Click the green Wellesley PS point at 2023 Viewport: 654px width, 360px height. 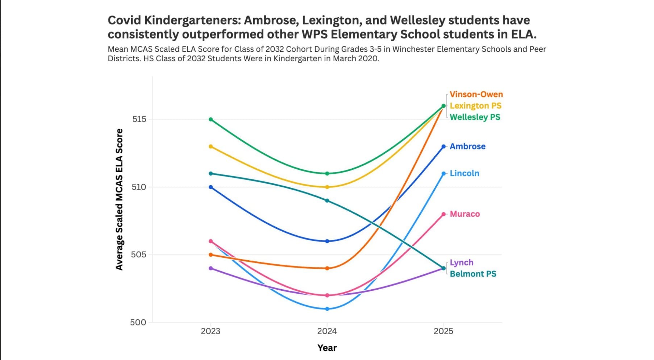coord(211,119)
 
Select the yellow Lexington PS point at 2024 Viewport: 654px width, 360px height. coord(327,187)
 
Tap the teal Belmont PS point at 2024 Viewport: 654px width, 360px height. coord(327,200)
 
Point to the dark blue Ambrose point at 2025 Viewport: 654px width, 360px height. coord(443,146)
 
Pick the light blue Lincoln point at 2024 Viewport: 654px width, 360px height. coord(327,309)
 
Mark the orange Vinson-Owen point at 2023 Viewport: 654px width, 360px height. coord(211,255)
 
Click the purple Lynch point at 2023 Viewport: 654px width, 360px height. coord(211,268)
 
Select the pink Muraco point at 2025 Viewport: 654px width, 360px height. coord(443,214)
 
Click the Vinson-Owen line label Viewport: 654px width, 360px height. coord(476,94)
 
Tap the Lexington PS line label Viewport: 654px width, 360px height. coord(475,106)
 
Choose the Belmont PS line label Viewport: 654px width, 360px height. coord(473,274)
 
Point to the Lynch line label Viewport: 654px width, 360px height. coord(461,262)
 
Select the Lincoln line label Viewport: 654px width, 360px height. coord(464,173)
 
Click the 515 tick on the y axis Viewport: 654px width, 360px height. coord(139,119)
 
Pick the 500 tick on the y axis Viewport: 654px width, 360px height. coord(138,322)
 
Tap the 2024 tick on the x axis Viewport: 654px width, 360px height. coord(327,331)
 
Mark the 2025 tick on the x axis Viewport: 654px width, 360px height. coord(443,331)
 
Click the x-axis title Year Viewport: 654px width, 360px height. coord(327,348)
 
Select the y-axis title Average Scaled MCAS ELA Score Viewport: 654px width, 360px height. coord(119,199)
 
